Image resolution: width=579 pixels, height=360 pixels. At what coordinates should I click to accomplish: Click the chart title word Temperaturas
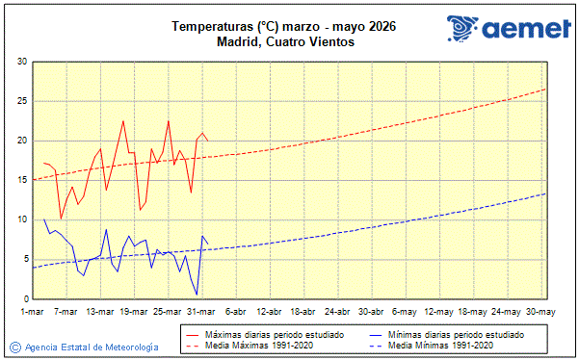(207, 27)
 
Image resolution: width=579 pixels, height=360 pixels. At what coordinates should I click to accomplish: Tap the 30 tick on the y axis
(21, 63)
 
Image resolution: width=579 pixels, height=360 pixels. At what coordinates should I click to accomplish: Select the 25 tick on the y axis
(21, 102)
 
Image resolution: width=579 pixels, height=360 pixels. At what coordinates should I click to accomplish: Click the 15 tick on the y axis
(21, 180)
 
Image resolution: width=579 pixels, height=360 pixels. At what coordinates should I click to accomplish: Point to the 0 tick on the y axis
(24, 298)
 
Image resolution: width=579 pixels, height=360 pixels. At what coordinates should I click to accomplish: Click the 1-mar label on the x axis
(33, 312)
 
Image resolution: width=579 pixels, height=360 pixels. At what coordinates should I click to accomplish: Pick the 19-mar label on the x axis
(134, 312)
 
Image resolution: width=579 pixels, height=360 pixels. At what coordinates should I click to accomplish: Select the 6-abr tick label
(235, 312)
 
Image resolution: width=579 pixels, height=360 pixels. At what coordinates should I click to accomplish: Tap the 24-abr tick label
(336, 312)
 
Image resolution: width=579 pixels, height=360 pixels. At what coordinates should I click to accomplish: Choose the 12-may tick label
(438, 312)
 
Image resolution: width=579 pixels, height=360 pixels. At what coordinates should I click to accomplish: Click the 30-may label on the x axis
(540, 312)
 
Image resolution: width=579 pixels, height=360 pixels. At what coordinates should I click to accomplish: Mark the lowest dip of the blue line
(197, 294)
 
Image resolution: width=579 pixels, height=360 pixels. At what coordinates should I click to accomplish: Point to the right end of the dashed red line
(545, 89)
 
